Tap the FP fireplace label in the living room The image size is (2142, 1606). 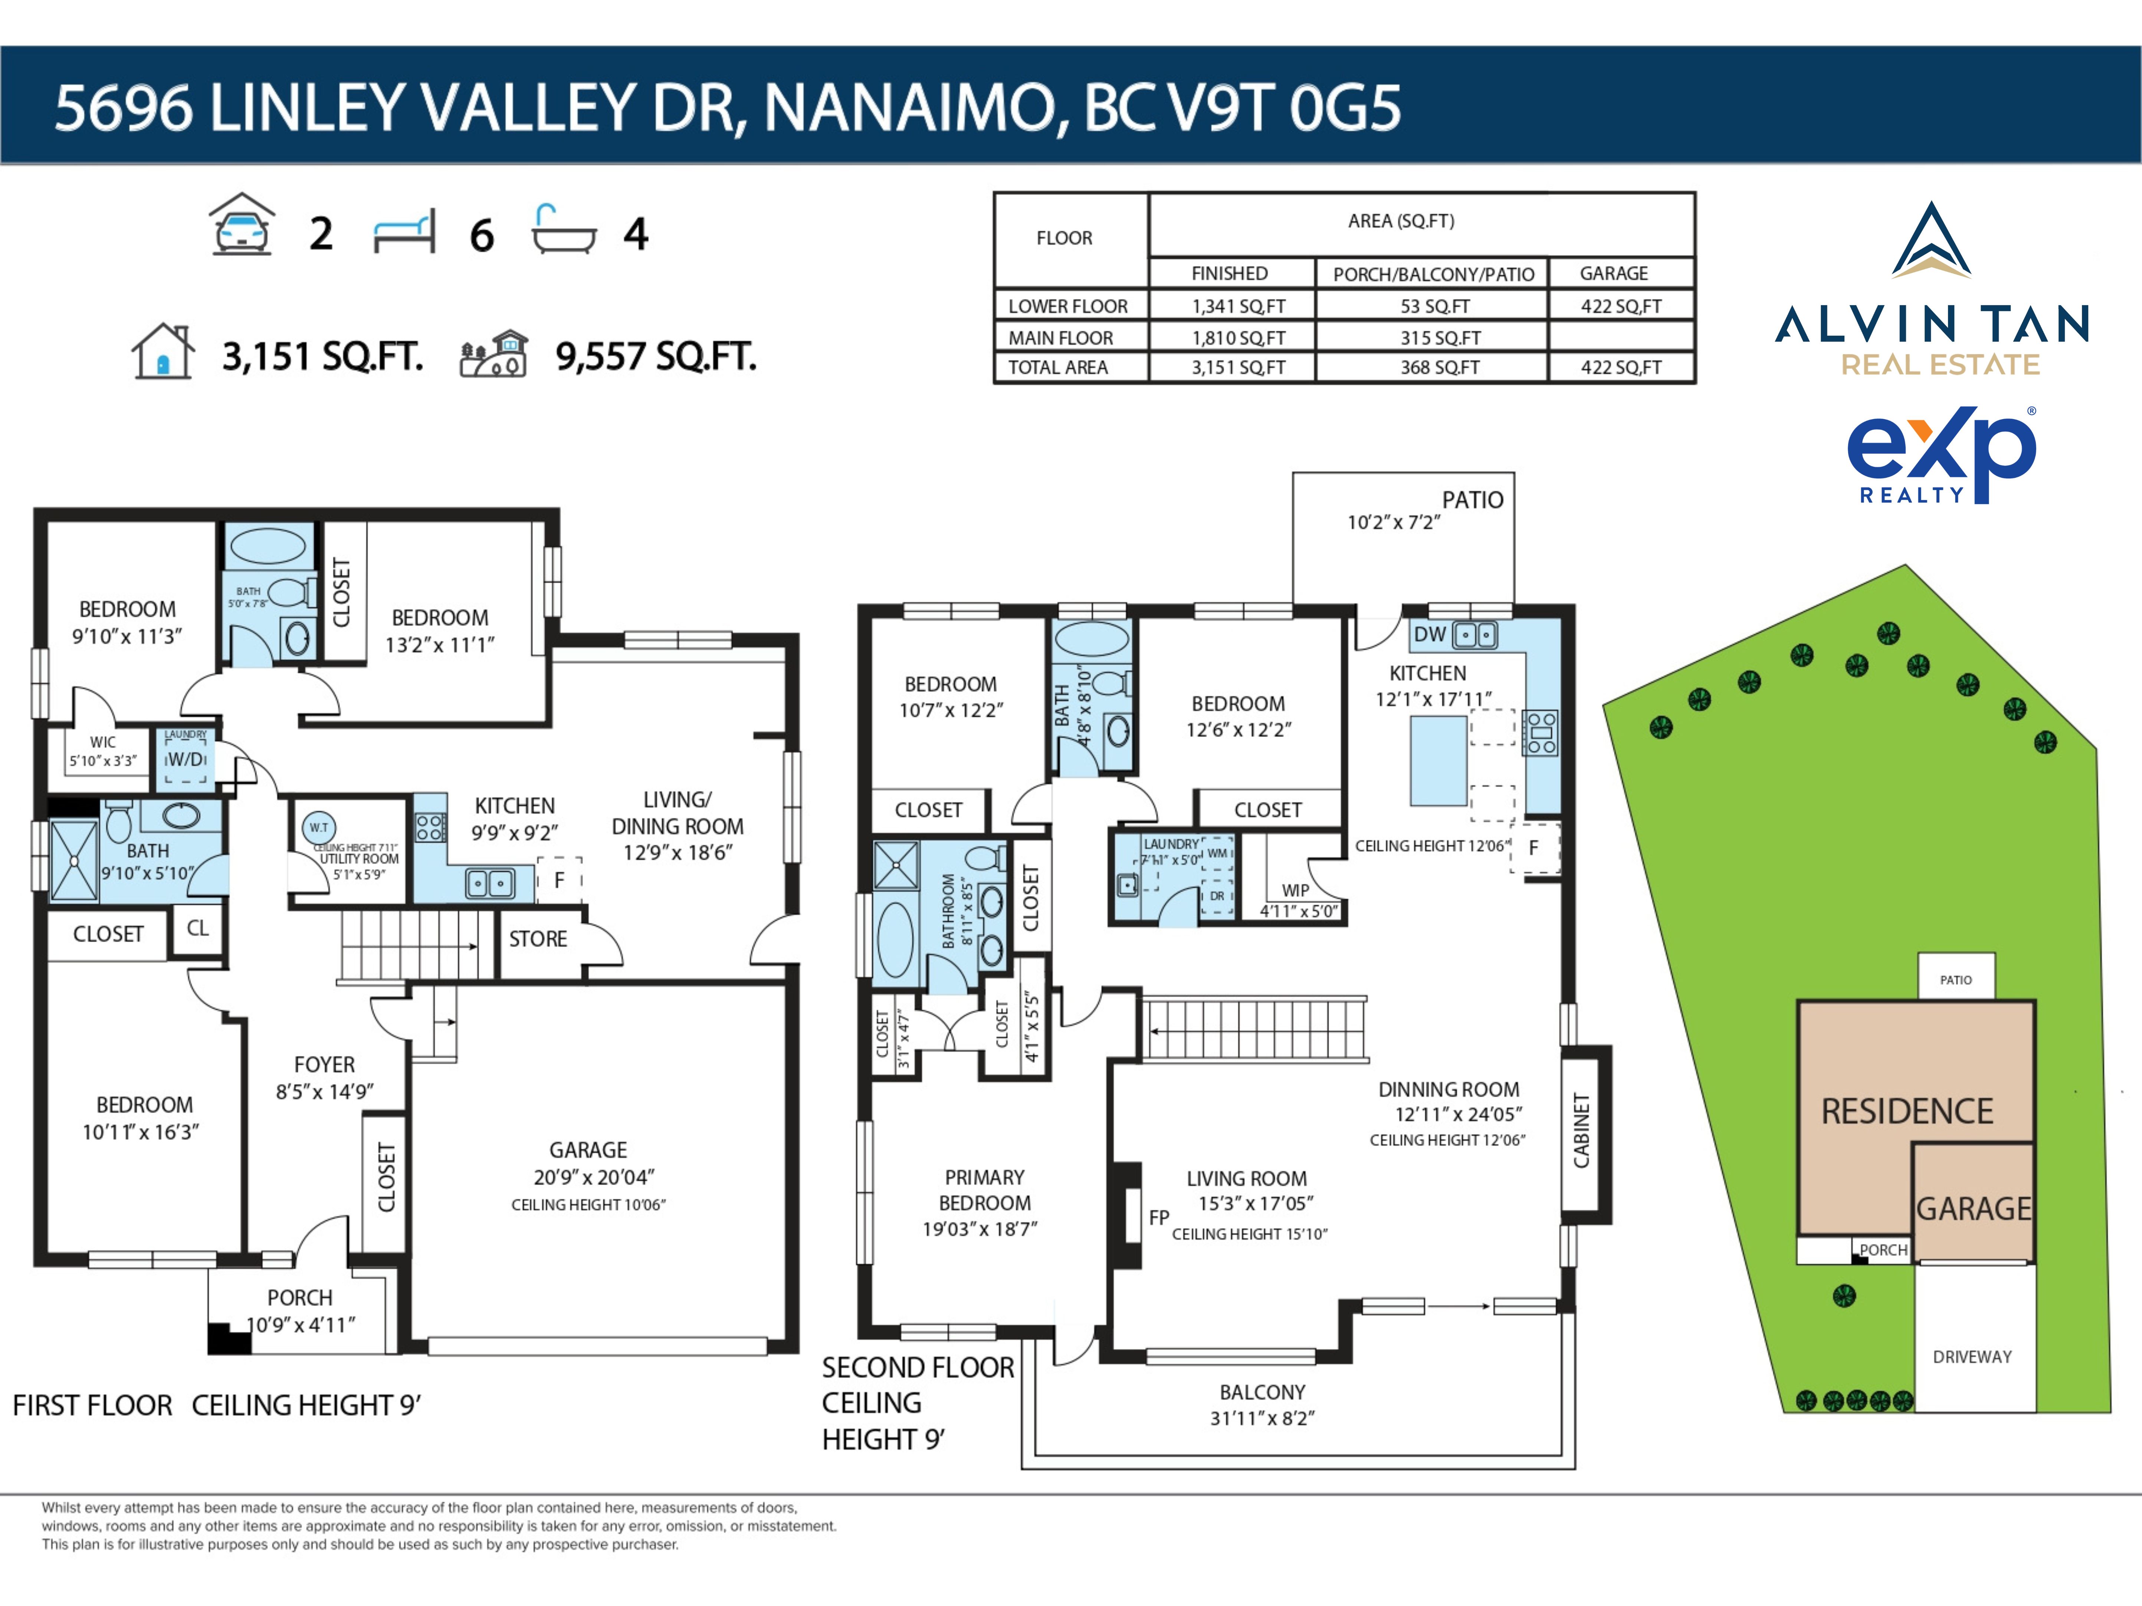(x=1159, y=1218)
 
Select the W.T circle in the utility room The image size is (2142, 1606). (x=319, y=828)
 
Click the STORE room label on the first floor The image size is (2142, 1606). (x=538, y=939)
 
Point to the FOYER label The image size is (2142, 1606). (x=324, y=1065)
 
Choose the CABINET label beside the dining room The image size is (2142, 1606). (x=1581, y=1131)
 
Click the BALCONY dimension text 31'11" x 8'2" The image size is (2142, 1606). (x=1262, y=1418)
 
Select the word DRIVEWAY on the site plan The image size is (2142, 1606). (x=1972, y=1357)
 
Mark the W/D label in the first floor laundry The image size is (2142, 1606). (x=187, y=760)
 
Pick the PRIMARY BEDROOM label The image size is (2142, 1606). (x=984, y=1190)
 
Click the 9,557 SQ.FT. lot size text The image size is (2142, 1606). (x=656, y=356)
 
